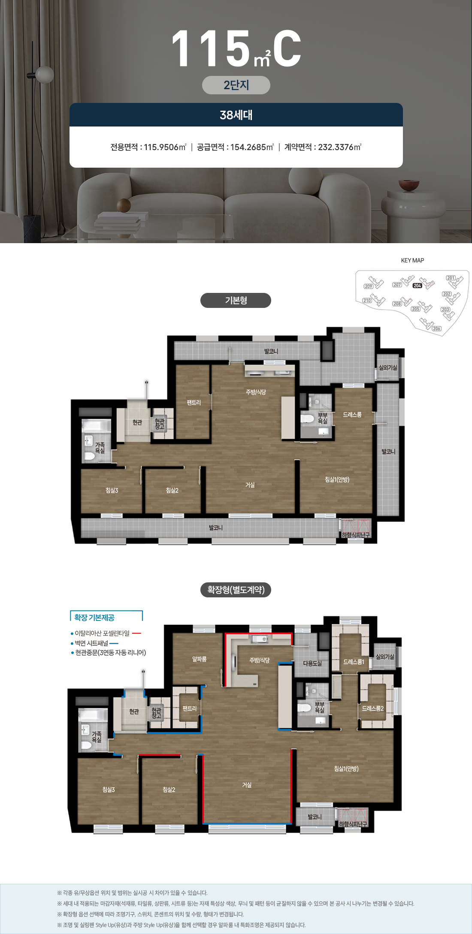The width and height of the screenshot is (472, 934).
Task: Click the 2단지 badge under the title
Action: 236,85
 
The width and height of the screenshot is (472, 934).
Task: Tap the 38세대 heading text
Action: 236,115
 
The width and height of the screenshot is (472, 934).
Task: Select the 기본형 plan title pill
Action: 236,300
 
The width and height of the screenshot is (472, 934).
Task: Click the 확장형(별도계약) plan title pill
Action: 236,590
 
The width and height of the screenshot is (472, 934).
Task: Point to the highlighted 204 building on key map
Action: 418,286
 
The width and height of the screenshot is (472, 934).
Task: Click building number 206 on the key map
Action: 436,328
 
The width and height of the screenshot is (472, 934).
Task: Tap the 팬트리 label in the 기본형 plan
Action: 194,403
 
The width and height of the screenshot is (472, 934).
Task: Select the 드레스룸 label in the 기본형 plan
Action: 352,415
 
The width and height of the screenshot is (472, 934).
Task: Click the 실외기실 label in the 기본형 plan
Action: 388,368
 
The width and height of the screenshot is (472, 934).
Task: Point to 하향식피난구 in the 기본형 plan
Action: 355,535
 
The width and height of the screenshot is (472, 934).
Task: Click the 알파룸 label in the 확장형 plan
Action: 200,659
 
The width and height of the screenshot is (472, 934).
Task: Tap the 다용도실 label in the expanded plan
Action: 312,663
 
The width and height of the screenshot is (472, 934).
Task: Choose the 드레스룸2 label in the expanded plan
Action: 372,708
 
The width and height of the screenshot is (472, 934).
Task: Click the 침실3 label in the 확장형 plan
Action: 109,789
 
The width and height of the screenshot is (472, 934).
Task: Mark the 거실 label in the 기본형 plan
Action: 250,485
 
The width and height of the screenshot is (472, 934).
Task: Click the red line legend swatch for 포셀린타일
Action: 136,633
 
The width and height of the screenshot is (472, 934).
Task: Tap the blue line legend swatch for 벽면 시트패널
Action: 114,643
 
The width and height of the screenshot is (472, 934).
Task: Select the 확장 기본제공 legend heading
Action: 94,618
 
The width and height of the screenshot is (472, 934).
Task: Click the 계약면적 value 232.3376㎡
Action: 339,147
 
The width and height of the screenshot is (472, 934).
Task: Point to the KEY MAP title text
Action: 412,260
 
